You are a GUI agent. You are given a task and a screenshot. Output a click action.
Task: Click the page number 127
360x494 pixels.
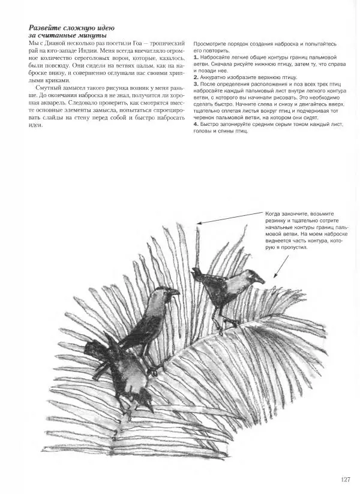[x=344, y=479]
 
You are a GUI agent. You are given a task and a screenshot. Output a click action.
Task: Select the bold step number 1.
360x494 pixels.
[x=196, y=57]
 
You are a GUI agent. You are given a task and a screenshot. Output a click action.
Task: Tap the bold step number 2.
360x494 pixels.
[x=196, y=77]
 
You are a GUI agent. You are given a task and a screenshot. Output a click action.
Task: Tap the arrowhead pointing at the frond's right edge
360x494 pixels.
[x=274, y=278]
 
